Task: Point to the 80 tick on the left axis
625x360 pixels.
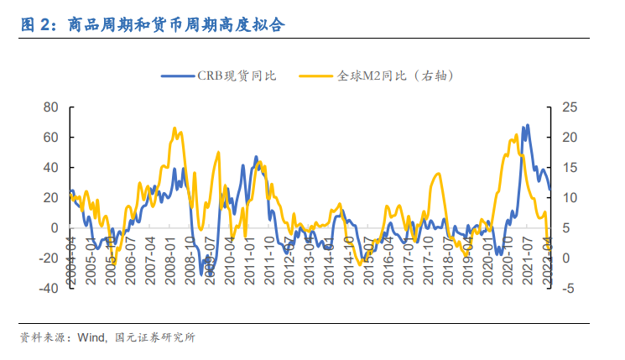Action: point(49,107)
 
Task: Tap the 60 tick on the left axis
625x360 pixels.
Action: point(49,138)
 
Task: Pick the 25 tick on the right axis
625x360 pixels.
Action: point(571,107)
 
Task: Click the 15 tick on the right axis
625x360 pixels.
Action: point(571,168)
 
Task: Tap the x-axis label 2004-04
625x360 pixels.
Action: point(71,261)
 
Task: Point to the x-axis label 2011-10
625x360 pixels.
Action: point(268,261)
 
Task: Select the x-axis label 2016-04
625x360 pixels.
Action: point(388,261)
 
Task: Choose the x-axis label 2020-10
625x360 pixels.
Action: point(507,261)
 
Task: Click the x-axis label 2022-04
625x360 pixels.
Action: point(546,261)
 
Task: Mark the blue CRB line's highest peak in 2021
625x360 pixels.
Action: point(527,126)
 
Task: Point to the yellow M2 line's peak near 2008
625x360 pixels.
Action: point(174,128)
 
